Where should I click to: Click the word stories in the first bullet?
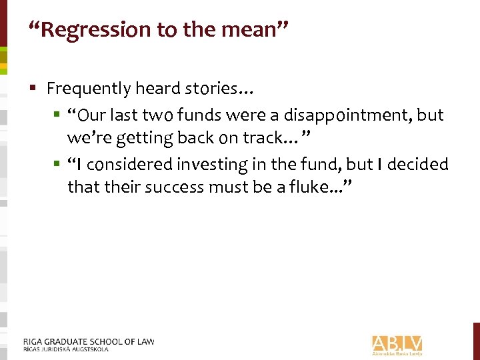221,88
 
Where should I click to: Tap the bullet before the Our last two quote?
57,115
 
